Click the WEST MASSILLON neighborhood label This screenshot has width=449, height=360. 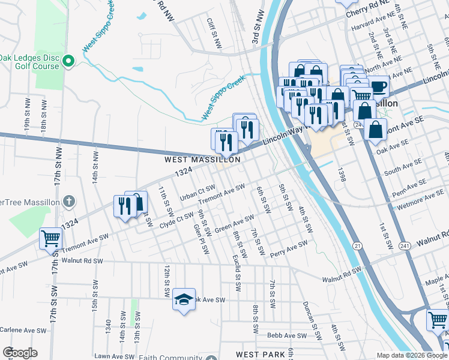[203, 160]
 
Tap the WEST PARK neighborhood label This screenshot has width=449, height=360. [260, 355]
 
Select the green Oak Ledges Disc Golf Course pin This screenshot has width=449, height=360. [68, 60]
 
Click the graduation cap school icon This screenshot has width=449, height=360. [184, 299]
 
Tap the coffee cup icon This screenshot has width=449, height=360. [378, 87]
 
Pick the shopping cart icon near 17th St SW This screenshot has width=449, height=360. [50, 238]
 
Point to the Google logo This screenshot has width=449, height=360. [20, 353]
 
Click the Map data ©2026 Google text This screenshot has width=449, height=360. [412, 355]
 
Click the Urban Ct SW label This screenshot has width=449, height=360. [197, 192]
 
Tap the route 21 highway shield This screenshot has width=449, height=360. [357, 247]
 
